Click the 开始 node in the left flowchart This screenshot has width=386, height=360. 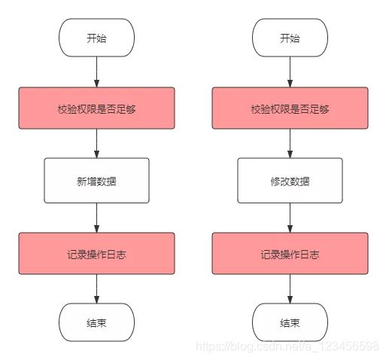[x=96, y=38]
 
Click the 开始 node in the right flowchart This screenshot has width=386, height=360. [x=290, y=38]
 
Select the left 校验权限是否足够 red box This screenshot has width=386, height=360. [x=96, y=108]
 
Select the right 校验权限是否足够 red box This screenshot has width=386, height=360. [x=290, y=108]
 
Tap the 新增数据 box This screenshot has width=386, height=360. [x=96, y=181]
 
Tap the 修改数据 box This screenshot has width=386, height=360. [x=290, y=181]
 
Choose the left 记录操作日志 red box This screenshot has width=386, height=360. [x=96, y=253]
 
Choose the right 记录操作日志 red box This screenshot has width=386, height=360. [x=290, y=253]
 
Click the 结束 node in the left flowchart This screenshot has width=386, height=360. [x=96, y=322]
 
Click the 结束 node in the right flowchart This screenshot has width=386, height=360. [x=290, y=322]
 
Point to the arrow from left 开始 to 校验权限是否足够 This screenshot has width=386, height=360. [x=96, y=72]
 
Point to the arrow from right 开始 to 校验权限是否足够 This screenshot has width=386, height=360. [x=290, y=72]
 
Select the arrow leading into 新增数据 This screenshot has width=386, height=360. [x=96, y=143]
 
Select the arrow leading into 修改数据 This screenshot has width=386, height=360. [x=290, y=143]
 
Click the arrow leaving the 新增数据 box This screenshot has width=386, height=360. [x=96, y=218]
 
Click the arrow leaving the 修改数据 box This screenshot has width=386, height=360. [x=290, y=218]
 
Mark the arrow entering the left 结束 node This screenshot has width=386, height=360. [x=96, y=288]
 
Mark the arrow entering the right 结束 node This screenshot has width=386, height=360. [x=290, y=288]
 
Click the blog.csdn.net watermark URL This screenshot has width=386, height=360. [x=287, y=346]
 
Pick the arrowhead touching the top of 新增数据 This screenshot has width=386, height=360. [x=96, y=154]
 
